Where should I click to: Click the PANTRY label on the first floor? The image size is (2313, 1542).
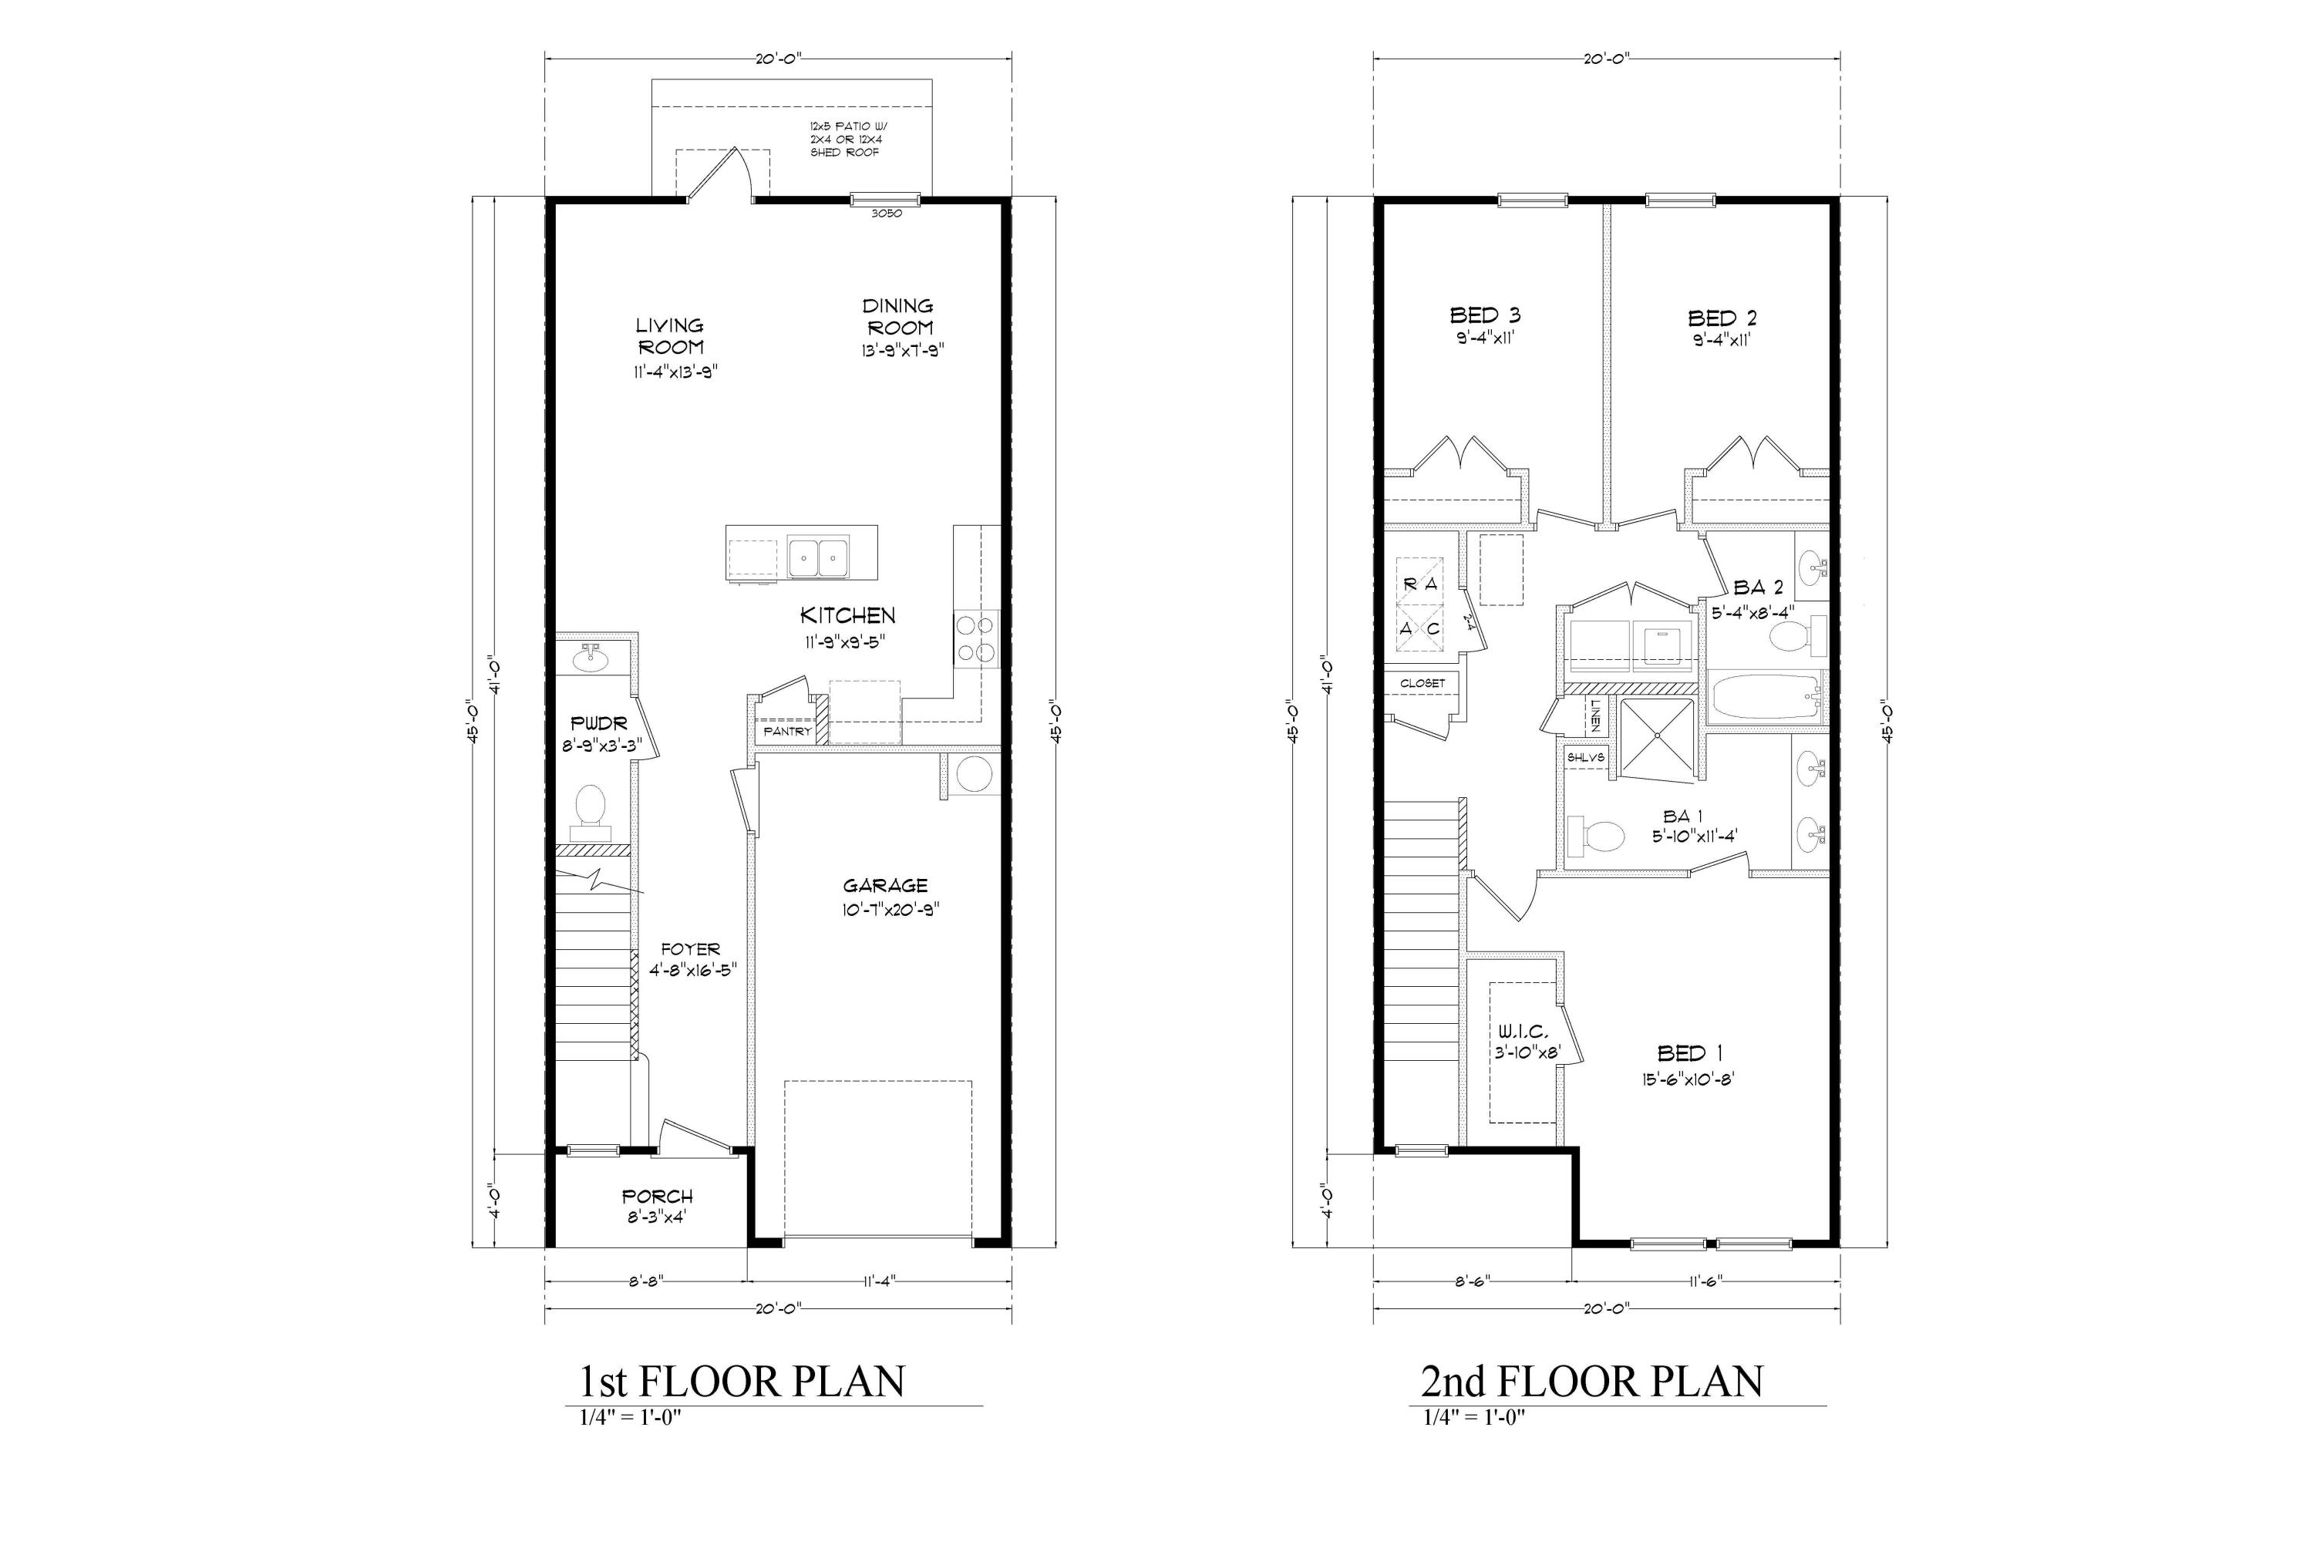[786, 732]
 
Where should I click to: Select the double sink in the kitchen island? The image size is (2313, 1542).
[818, 557]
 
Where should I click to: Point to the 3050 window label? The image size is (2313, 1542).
[886, 214]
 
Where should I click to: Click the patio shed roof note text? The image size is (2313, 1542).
[846, 140]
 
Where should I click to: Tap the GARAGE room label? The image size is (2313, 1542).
[885, 886]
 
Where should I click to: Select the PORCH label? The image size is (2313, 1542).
[657, 1197]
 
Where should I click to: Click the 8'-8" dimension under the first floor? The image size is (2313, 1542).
[645, 1281]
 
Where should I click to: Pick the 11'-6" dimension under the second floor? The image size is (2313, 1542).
[1705, 1281]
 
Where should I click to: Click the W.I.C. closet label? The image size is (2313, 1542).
[1523, 1032]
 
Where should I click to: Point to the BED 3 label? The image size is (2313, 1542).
[1485, 315]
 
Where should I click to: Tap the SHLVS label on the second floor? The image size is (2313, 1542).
[1585, 758]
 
